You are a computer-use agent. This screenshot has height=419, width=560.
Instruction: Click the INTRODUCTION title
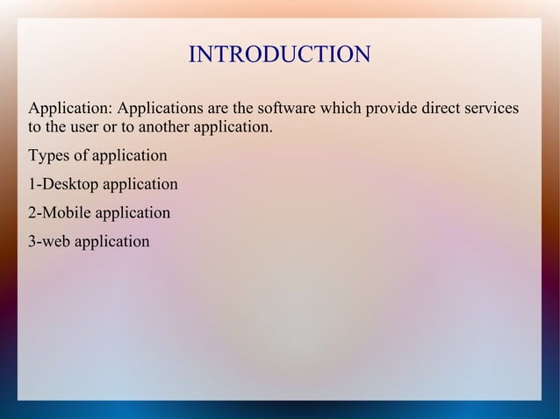[x=279, y=55]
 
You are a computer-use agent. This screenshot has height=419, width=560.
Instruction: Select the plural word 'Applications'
[x=161, y=110]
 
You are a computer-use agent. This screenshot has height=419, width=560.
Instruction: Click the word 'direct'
[x=442, y=110]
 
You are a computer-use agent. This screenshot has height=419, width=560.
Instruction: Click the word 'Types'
[x=49, y=157]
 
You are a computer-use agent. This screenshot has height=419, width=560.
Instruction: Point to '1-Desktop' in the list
[x=63, y=185]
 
